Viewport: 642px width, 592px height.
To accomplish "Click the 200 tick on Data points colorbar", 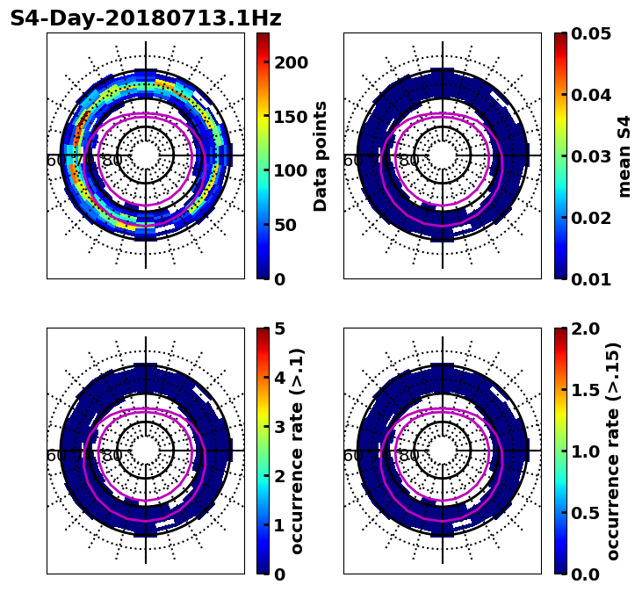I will click(x=292, y=62).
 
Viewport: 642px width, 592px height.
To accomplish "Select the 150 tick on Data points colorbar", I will click(x=292, y=117).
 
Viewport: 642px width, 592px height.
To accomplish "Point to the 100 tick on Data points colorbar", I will click(x=292, y=170).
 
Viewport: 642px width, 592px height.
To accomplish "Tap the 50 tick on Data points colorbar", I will click(x=292, y=225).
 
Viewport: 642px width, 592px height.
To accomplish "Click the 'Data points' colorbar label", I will click(x=321, y=156).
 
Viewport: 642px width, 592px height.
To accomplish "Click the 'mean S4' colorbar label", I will click(x=624, y=156).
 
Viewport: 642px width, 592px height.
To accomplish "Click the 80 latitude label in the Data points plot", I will click(x=112, y=161).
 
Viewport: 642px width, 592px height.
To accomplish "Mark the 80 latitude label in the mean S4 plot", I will click(x=409, y=161).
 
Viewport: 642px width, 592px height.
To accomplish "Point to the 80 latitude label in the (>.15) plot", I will click(x=409, y=456).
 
